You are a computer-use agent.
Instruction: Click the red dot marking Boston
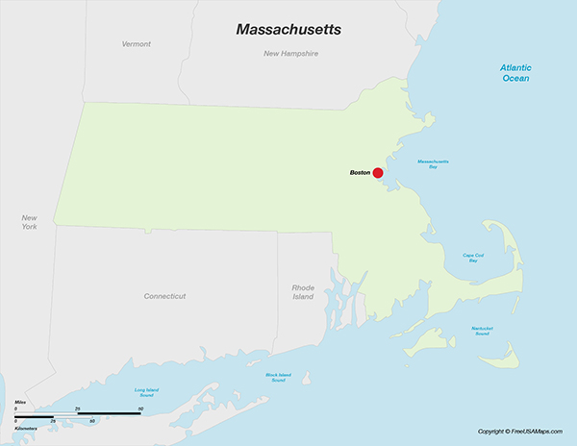378,173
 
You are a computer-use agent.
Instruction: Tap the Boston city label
360,172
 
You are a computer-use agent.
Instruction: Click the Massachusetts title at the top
288,31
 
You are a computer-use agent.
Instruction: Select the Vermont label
136,44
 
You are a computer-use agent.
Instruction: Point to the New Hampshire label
290,54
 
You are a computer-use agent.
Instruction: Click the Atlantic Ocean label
514,72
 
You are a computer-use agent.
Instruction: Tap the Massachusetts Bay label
433,163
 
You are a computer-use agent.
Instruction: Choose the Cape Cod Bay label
472,257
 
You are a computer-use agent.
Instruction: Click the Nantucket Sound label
482,331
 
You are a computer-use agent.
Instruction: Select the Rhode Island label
303,291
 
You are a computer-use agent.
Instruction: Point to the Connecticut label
164,296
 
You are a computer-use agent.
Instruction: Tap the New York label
30,222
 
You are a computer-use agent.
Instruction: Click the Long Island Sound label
145,392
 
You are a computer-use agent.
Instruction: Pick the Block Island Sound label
277,377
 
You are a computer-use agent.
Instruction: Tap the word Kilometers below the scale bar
26,428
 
